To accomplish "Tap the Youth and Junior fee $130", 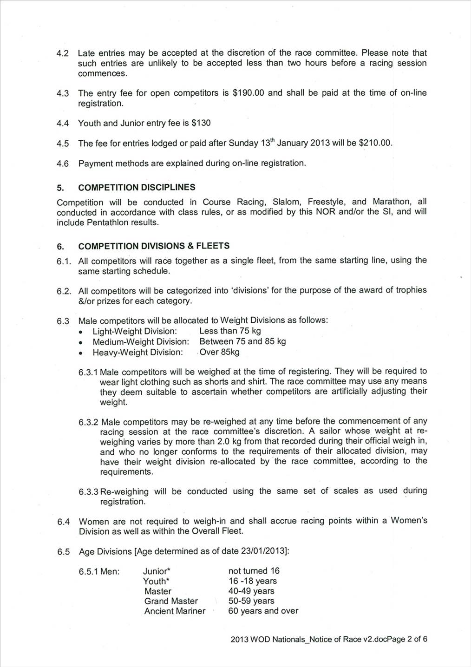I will click(x=201, y=123).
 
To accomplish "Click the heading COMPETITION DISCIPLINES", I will click(x=137, y=187).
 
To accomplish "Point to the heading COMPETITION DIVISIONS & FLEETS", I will click(x=154, y=246).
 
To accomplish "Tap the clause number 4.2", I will click(x=63, y=53).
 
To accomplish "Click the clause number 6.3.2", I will click(x=88, y=422).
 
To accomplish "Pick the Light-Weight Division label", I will click(x=135, y=331).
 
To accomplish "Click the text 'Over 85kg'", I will click(x=219, y=352).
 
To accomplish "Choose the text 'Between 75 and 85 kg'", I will click(x=242, y=341).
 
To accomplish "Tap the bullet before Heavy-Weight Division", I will click(x=81, y=353).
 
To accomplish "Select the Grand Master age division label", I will click(x=171, y=601).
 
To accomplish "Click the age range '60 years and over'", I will click(x=263, y=611).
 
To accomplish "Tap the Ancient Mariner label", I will click(x=175, y=611).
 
